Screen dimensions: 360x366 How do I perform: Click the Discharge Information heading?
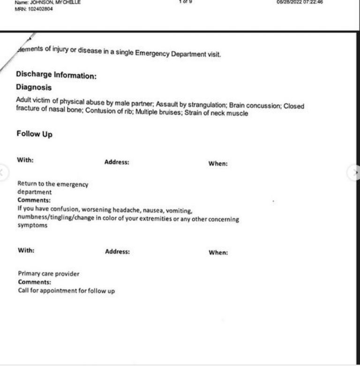click(56, 75)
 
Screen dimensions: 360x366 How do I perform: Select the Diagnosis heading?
click(34, 87)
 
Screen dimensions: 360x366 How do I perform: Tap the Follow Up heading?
click(34, 134)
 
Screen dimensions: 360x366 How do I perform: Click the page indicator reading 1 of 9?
click(185, 2)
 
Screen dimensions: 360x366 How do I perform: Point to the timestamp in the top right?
click(300, 2)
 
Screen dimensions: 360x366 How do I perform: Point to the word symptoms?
click(32, 225)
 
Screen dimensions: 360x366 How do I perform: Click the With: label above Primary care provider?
click(26, 250)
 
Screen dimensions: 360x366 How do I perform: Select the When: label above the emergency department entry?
click(218, 164)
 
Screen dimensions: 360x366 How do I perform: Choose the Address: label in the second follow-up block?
click(117, 252)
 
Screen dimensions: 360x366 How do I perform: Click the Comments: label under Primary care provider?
click(34, 282)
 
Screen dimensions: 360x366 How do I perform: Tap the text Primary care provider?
click(48, 274)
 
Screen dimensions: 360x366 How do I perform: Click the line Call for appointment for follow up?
click(66, 291)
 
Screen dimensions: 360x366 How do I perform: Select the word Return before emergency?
click(28, 184)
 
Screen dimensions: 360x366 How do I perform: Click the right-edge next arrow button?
click(355, 173)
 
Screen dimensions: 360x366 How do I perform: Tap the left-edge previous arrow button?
click(3, 173)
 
